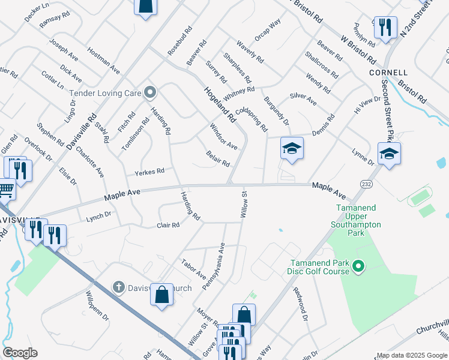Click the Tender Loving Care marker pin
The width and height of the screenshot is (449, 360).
(150, 92)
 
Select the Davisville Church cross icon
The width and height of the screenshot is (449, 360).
(119, 287)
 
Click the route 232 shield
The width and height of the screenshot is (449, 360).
(364, 183)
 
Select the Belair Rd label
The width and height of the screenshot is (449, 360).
(217, 159)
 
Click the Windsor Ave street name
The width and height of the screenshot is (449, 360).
(223, 137)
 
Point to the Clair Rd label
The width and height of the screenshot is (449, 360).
(168, 226)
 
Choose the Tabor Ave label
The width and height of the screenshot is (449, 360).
(193, 266)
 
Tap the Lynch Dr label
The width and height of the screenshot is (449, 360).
(100, 216)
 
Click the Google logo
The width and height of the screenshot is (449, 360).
(20, 353)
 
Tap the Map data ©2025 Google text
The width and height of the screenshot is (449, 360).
(411, 355)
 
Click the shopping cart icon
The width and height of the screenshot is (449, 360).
(6, 190)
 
